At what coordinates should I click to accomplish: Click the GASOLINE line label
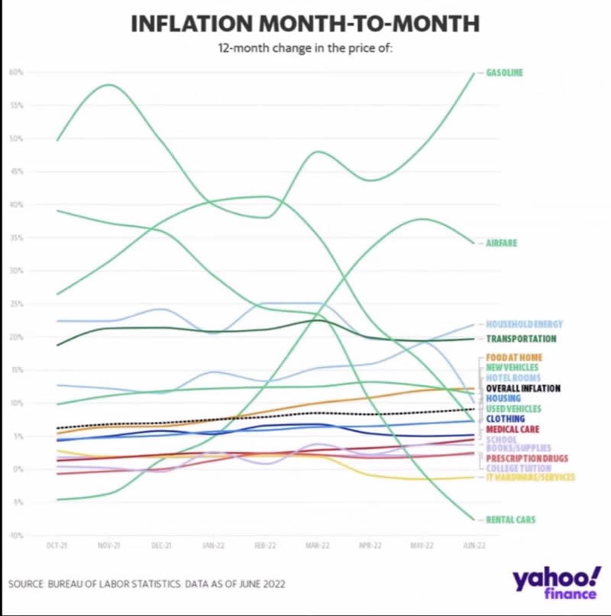[x=505, y=73]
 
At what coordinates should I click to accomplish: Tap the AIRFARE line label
[x=502, y=243]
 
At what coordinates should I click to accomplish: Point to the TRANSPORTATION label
[x=521, y=339]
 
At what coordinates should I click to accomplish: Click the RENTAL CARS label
[x=510, y=520]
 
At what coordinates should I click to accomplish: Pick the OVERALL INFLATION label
[x=523, y=388]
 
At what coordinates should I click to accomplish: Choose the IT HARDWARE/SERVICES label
[x=530, y=478]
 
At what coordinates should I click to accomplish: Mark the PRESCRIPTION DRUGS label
[x=516, y=458]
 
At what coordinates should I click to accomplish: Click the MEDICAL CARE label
[x=513, y=430]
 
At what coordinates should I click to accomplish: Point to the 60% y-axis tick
[x=15, y=73]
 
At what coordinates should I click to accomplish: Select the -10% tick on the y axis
[x=15, y=535]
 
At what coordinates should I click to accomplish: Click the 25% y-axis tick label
[x=15, y=304]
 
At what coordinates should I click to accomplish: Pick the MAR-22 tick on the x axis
[x=318, y=546]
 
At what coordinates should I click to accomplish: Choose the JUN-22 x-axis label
[x=474, y=546]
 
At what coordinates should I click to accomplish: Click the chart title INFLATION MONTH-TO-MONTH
[x=305, y=24]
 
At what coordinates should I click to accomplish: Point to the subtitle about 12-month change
[x=305, y=50]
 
